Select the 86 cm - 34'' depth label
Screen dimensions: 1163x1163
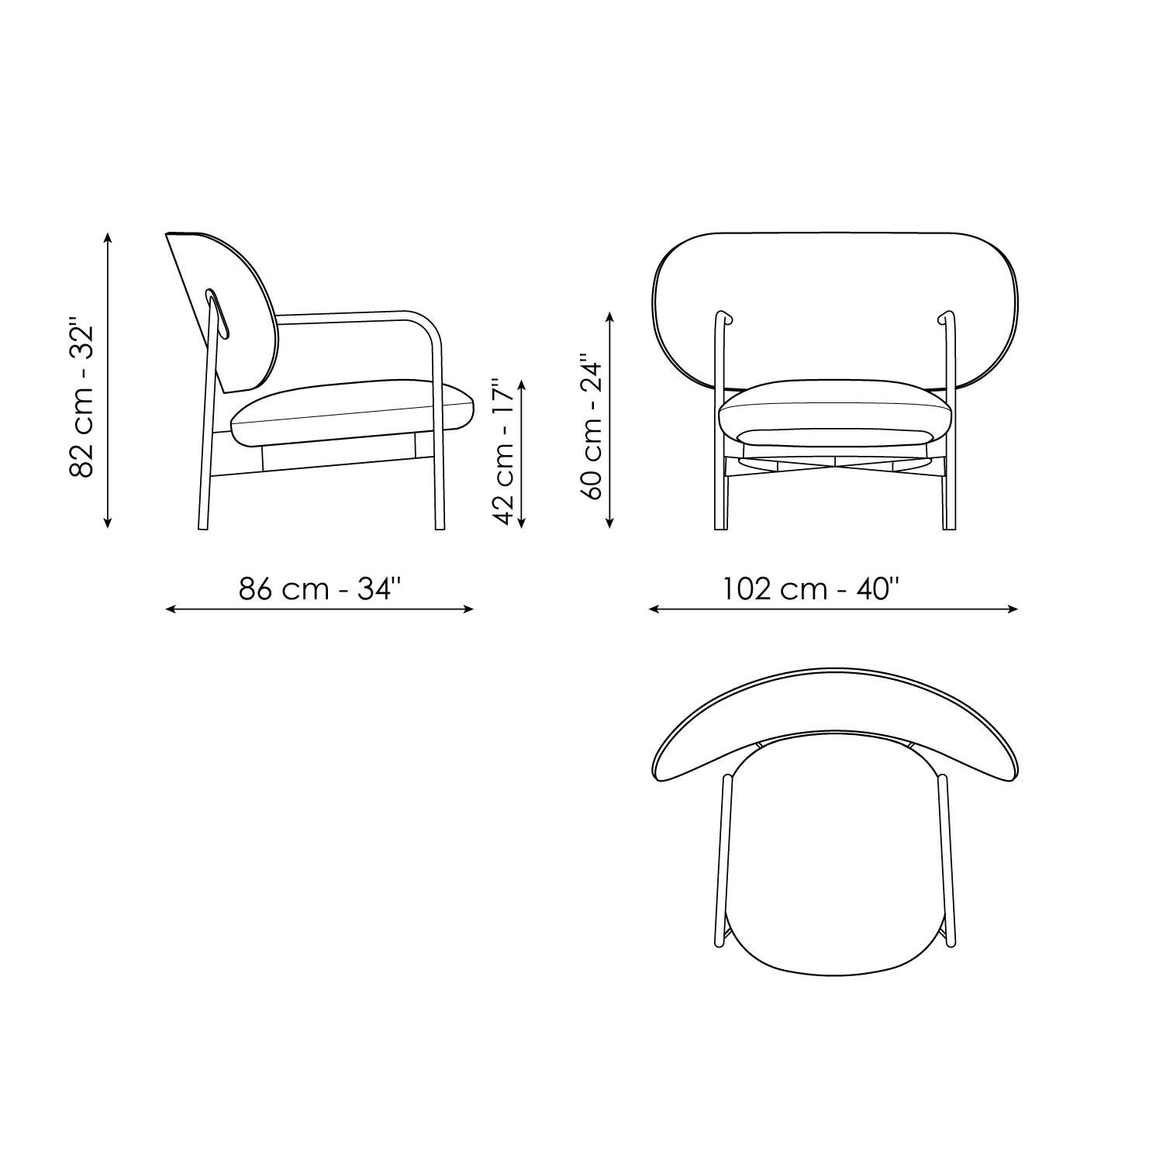click(319, 589)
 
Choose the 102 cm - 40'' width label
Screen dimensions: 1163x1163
click(811, 589)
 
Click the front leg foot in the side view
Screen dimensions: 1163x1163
click(440, 526)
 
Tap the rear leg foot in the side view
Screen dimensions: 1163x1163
click(203, 526)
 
